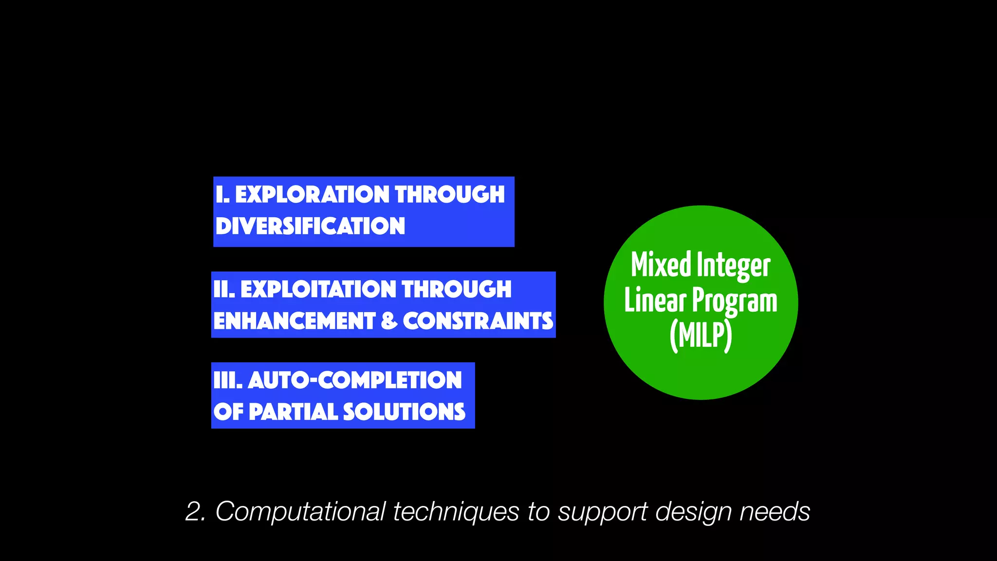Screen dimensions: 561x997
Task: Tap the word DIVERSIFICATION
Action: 310,226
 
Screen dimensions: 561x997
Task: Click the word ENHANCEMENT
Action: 294,321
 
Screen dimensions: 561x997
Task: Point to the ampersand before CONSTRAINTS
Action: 389,321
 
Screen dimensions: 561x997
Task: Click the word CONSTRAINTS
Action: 478,321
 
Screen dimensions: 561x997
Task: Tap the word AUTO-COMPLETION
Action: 355,380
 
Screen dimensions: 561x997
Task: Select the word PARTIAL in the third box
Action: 294,411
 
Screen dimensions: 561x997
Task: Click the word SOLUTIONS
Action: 405,411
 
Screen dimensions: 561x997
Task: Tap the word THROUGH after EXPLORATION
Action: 450,194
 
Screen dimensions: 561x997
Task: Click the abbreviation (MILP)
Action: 701,336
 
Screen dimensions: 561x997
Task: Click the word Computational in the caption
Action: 300,512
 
